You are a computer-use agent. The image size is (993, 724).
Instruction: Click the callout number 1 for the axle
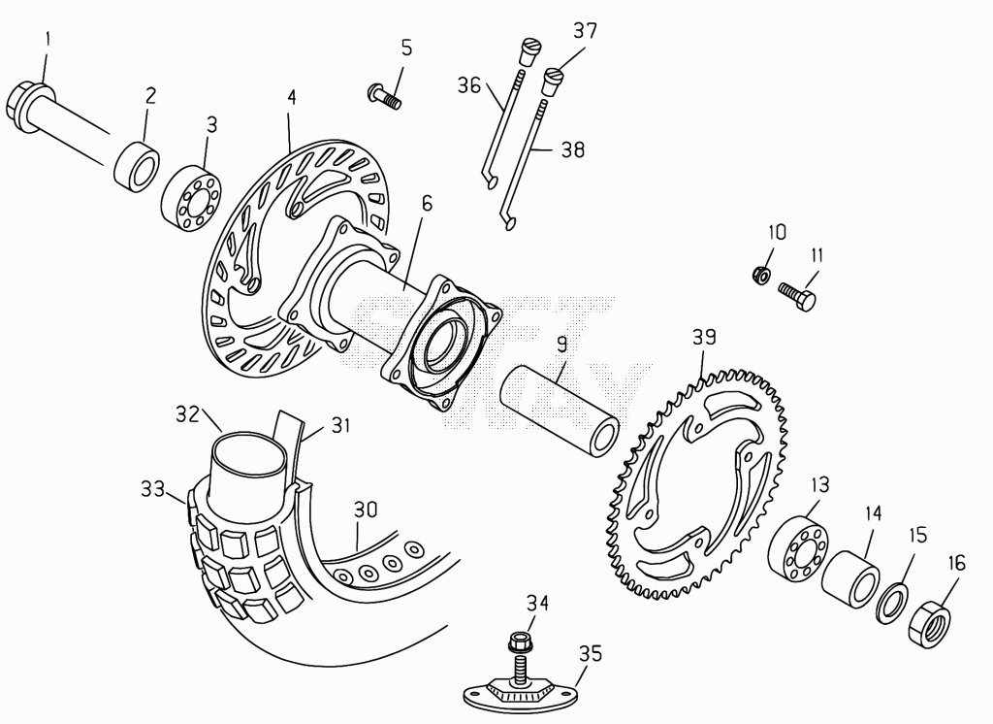pyautogui.click(x=48, y=40)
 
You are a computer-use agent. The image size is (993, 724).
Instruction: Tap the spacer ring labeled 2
pyautogui.click(x=136, y=166)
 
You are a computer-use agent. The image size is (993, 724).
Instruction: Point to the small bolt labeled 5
pyautogui.click(x=384, y=97)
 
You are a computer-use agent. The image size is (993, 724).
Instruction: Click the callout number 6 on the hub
pyautogui.click(x=427, y=204)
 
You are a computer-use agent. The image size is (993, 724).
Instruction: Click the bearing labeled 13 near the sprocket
pyautogui.click(x=797, y=549)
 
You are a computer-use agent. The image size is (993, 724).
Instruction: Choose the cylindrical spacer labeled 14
pyautogui.click(x=850, y=579)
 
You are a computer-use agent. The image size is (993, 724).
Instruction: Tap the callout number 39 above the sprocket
pyautogui.click(x=704, y=337)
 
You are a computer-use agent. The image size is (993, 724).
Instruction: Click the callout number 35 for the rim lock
pyautogui.click(x=591, y=653)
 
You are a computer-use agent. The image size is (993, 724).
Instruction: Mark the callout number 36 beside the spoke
pyautogui.click(x=469, y=85)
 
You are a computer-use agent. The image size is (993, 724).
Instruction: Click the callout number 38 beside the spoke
pyautogui.click(x=572, y=149)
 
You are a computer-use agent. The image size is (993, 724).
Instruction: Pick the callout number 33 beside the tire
pyautogui.click(x=152, y=489)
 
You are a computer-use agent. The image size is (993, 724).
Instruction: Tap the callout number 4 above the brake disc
pyautogui.click(x=291, y=97)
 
